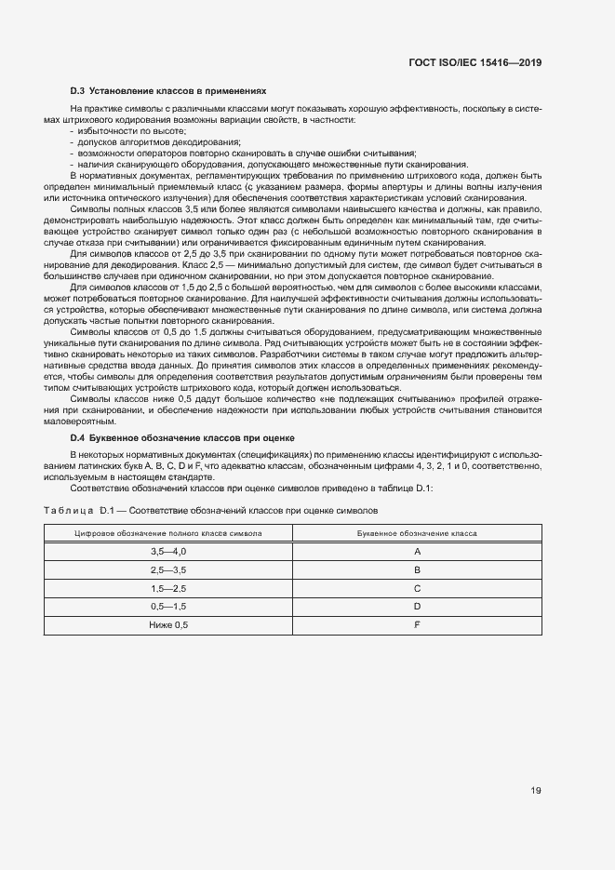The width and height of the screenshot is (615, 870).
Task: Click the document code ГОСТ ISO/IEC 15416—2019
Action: coord(475,63)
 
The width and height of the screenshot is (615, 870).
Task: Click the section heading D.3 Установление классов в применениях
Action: coord(168,92)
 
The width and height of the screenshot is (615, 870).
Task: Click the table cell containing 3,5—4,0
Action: coord(168,551)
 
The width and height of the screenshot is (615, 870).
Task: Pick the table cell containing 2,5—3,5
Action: coord(168,569)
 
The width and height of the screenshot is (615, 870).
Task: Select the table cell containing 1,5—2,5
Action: coord(168,588)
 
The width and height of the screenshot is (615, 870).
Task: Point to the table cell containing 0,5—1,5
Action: coord(168,607)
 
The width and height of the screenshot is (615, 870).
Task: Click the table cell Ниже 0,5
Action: coord(168,625)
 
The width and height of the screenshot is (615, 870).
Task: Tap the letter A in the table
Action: coord(418,551)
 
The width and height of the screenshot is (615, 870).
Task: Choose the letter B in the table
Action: coord(418,569)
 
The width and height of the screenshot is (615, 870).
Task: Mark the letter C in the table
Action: coord(418,588)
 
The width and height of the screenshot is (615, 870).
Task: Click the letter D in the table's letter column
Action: coord(418,607)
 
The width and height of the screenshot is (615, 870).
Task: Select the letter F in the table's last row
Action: coord(418,625)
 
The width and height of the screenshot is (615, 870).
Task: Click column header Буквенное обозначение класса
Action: coord(418,533)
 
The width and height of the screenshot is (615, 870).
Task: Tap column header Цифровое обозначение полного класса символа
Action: coord(168,533)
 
